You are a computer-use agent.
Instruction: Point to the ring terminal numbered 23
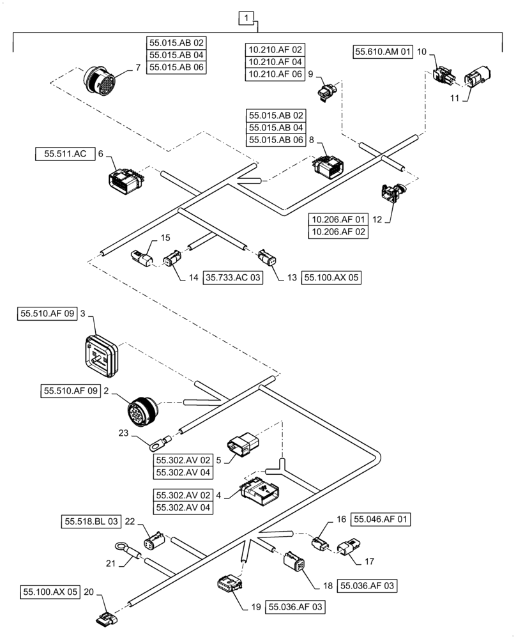[159, 441]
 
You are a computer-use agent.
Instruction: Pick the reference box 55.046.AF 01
[381, 520]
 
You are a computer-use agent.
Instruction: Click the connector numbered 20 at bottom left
[105, 618]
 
